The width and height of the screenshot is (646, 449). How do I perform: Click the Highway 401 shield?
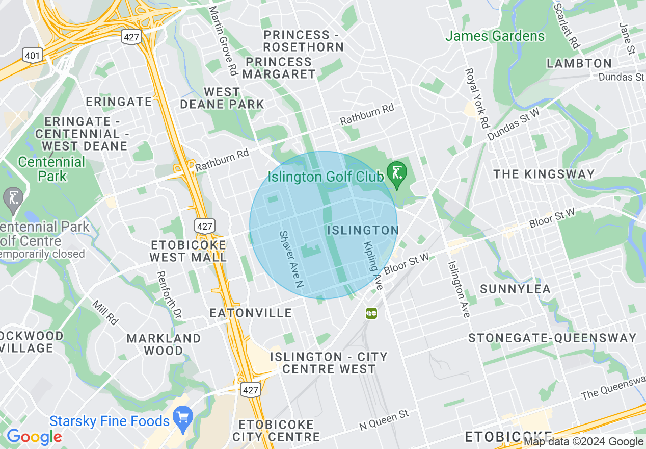[x=33, y=55]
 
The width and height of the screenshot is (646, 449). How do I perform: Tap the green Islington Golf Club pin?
[x=396, y=173]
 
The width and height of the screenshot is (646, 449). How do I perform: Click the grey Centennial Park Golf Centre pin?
[x=13, y=198]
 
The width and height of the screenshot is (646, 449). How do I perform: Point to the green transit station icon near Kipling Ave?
[x=371, y=313]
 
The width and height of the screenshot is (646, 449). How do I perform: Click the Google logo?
[x=34, y=437]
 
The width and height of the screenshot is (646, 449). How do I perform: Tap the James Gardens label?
[x=495, y=36]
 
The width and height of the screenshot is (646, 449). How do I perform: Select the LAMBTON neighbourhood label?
[x=579, y=63]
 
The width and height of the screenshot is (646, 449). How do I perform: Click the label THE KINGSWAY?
[x=544, y=174]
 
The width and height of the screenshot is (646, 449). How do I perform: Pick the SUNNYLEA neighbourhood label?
[x=515, y=289]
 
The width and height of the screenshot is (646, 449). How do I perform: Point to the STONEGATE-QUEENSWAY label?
[x=552, y=338]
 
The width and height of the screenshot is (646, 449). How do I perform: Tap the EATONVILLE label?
[x=251, y=313]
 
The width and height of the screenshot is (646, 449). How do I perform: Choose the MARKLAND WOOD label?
[x=164, y=344]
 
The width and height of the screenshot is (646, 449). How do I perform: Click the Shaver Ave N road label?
[x=291, y=258]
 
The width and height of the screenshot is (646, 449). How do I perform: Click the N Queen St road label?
[x=384, y=419]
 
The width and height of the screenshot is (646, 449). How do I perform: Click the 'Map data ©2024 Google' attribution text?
[x=584, y=442]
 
